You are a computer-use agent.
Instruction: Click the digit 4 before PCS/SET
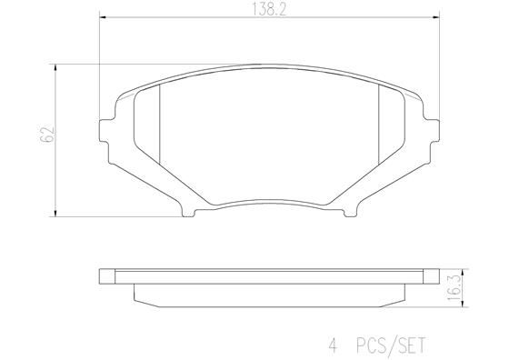333,346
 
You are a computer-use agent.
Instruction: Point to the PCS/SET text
392,346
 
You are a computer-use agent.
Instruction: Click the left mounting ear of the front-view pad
105,125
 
